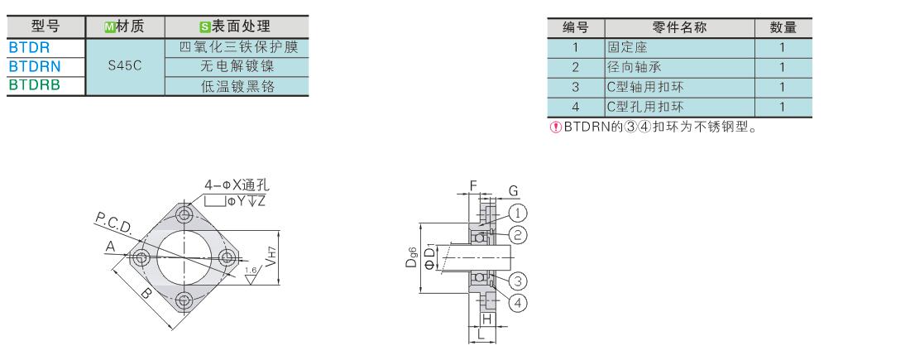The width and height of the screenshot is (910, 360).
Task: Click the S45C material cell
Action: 125,66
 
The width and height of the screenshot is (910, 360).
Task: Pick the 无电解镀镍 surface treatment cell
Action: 237,66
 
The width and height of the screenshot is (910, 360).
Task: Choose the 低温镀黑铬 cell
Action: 237,85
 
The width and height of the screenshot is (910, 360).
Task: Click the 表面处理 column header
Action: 237,27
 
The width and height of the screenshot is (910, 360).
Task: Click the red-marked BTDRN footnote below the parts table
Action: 654,127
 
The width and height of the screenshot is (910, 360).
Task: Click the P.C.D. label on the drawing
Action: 113,223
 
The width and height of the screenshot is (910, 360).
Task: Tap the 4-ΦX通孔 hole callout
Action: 237,185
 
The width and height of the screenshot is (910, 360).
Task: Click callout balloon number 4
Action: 517,303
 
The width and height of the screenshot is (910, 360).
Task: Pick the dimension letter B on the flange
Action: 145,293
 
